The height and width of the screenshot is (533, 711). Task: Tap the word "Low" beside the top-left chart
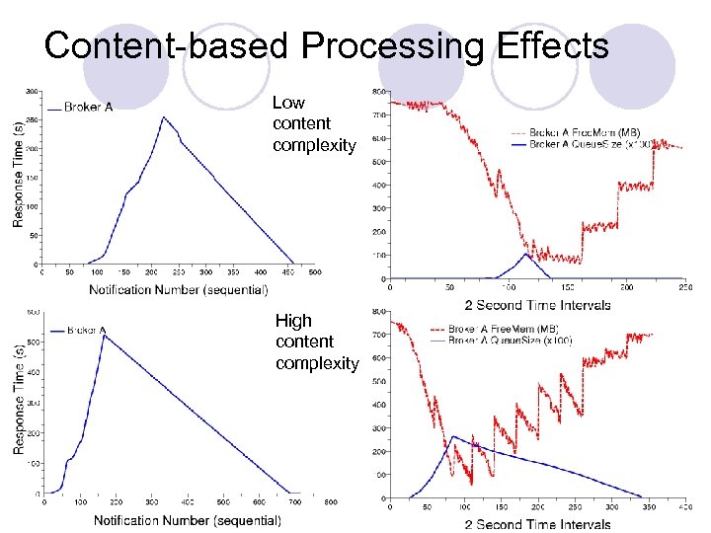[x=288, y=103]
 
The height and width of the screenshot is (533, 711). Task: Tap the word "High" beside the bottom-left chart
[x=293, y=321]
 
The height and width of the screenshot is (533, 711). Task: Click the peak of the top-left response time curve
[x=164, y=117]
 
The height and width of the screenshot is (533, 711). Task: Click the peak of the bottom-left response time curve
[x=104, y=336]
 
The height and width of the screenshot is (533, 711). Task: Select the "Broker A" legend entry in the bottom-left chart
[x=84, y=331]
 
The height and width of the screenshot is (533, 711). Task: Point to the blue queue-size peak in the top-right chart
[x=526, y=254]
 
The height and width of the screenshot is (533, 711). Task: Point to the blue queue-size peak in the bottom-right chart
[x=452, y=436]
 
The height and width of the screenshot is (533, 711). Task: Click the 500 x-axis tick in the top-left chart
[x=314, y=272]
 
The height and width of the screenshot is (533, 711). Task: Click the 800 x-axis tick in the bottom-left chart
[x=331, y=501]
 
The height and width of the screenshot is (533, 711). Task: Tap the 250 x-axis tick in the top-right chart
[x=683, y=287]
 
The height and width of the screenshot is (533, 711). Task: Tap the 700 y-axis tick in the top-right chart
[x=378, y=115]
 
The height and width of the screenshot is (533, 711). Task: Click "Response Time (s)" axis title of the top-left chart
[x=19, y=174]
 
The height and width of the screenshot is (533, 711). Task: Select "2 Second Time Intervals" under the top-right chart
[x=537, y=304]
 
